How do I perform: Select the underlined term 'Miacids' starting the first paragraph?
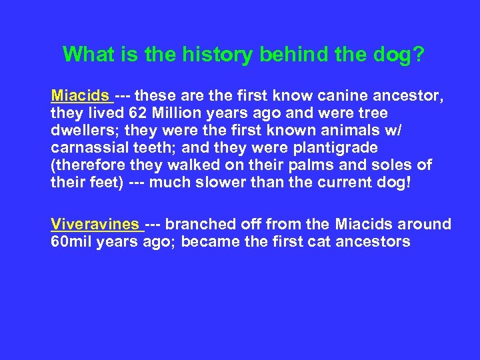[81, 95]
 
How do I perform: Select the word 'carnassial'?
[89, 147]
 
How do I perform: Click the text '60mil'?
[71, 242]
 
